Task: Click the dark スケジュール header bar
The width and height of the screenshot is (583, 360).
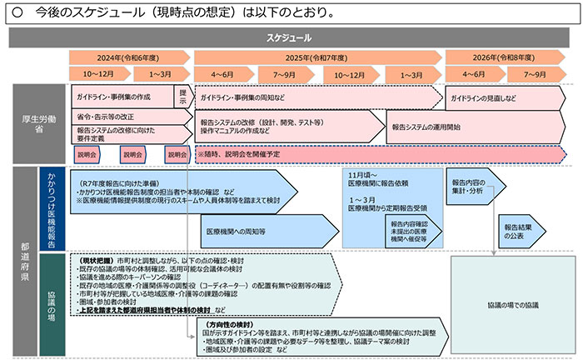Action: click(291, 38)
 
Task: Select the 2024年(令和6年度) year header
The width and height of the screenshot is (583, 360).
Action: click(131, 57)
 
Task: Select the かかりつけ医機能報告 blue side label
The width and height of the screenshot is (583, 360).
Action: click(52, 208)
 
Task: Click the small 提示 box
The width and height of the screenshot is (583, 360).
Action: click(182, 95)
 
